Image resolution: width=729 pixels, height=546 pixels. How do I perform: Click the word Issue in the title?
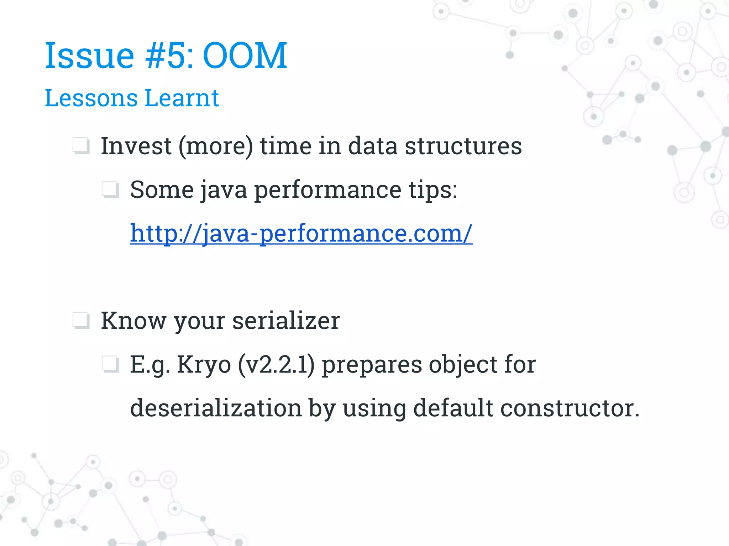click(x=89, y=55)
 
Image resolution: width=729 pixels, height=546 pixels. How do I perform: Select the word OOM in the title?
click(x=245, y=55)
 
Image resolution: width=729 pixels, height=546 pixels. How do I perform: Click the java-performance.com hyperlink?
click(x=301, y=234)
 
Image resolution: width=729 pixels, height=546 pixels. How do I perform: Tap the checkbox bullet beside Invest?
click(x=81, y=146)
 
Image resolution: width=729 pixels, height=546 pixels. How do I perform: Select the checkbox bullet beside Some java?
click(x=110, y=189)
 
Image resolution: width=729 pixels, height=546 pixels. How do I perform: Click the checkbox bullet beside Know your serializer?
click(x=81, y=321)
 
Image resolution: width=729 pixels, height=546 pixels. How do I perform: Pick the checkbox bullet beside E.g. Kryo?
click(x=110, y=364)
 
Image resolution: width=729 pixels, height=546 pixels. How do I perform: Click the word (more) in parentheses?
click(x=216, y=146)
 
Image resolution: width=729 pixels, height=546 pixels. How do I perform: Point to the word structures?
click(x=463, y=146)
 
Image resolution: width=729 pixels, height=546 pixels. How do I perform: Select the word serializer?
click(x=286, y=321)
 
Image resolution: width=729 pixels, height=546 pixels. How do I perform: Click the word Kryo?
click(x=204, y=365)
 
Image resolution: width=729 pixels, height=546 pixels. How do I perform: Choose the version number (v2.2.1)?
click(x=276, y=365)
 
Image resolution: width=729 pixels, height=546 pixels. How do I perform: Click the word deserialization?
click(x=216, y=408)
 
